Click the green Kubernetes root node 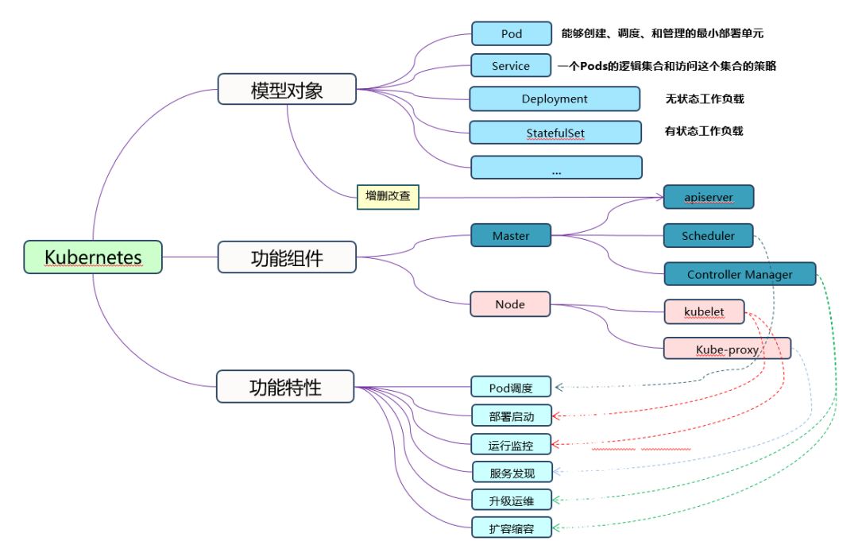93,257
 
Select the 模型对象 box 287,90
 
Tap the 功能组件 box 287,257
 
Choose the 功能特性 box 285,387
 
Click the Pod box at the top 512,33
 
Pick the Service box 511,66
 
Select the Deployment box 555,99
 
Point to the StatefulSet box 555,133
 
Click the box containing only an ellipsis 556,168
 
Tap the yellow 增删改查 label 388,196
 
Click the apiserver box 709,196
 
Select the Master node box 511,236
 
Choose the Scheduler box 708,236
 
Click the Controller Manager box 740,274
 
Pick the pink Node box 510,304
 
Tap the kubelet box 704,311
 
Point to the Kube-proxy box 727,350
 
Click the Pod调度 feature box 511,388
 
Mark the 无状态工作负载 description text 705,99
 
